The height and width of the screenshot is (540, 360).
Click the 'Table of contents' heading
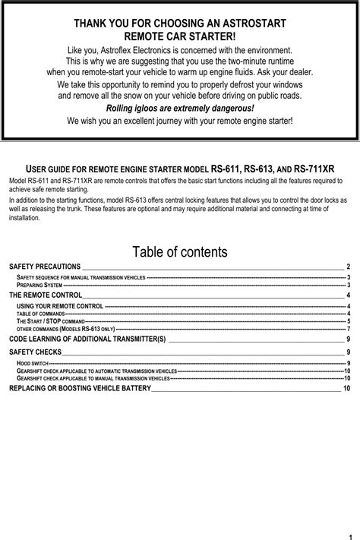(179, 251)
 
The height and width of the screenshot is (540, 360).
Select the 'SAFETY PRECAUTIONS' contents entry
(44, 267)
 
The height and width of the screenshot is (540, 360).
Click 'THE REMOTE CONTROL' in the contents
(45, 295)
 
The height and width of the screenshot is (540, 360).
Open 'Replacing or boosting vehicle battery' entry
(80, 388)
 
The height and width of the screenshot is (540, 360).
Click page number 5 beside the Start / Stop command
(348, 321)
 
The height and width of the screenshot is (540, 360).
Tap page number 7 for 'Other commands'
(348, 329)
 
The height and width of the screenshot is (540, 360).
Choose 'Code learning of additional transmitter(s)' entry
(87, 338)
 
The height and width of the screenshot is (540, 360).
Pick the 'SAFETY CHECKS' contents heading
(34, 353)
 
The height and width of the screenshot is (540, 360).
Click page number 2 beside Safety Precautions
(348, 267)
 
